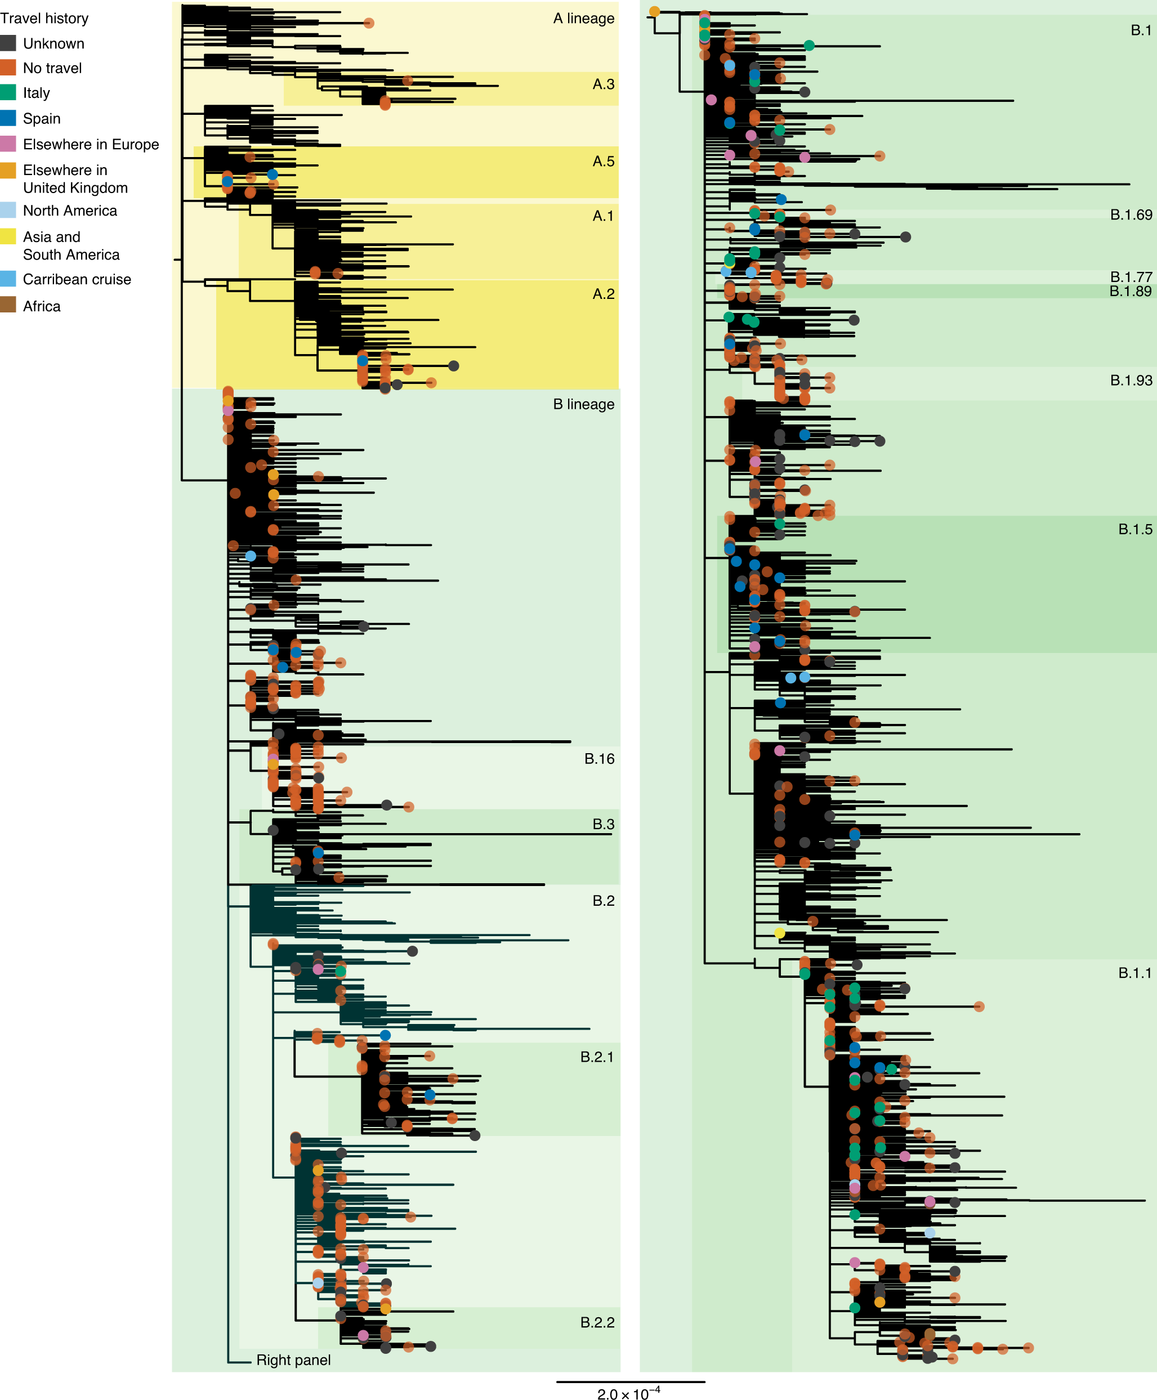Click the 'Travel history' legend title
point(44,19)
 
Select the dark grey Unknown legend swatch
point(8,43)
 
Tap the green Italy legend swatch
point(8,93)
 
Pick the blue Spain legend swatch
point(8,118)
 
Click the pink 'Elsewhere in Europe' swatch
point(8,144)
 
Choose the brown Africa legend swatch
point(8,305)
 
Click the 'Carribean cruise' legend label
point(77,279)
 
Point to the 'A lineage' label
point(583,19)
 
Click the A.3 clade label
point(603,84)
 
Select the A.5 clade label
point(603,161)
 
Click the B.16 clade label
point(599,758)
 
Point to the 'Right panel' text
point(293,1359)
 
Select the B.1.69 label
point(1131,214)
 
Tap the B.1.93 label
point(1131,380)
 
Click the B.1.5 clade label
point(1134,529)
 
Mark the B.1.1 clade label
point(1134,972)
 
